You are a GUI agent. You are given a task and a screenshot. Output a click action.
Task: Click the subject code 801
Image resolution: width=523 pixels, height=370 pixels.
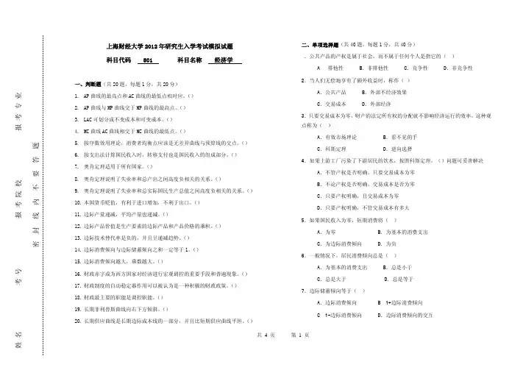click(147, 61)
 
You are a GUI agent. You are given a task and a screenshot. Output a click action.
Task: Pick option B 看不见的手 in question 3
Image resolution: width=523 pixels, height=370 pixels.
click(403, 138)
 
